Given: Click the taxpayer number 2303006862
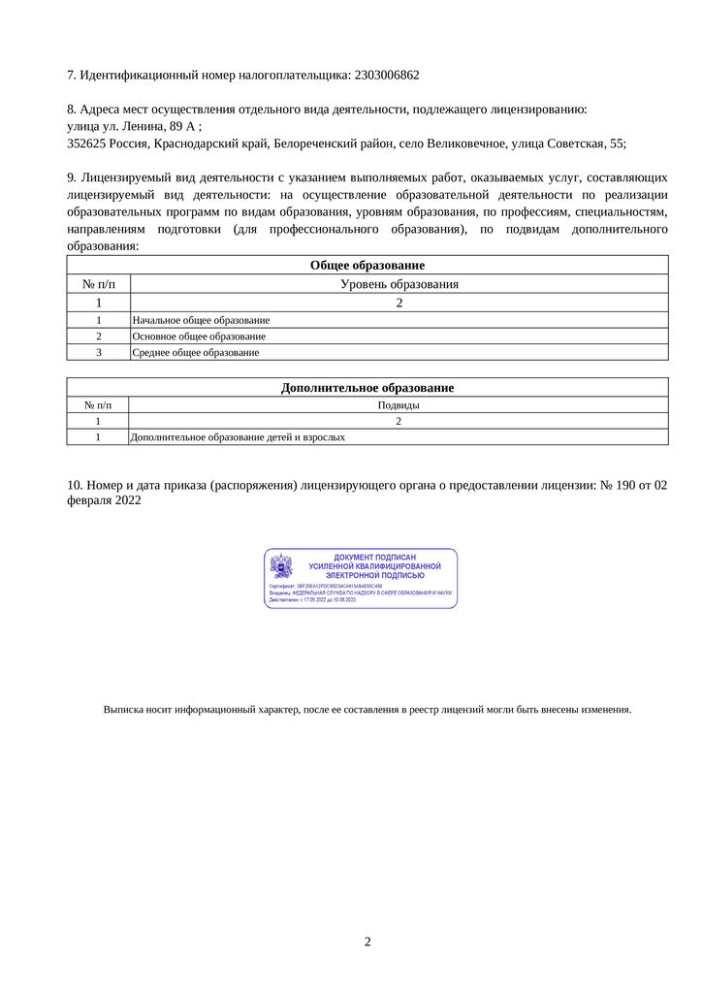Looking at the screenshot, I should coord(387,75).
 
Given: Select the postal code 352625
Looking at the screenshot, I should coord(85,144).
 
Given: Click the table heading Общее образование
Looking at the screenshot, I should coord(367,265).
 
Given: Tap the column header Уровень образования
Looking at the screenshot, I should coord(399,284).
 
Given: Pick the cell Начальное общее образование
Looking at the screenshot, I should coord(201,319).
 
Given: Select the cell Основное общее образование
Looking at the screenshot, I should coord(199,336).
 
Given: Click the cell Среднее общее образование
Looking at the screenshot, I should coord(195,352).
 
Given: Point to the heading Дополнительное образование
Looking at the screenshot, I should coord(367,387).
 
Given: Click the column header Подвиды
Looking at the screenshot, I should coord(399,404).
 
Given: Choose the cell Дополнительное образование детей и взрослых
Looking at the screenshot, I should coord(238,437).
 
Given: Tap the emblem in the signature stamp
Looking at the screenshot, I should coord(280,566).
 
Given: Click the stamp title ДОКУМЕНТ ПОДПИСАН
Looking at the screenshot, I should coord(374,558).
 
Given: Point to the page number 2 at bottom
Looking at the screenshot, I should coord(367,942).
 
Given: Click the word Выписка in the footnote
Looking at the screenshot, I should coord(123,709).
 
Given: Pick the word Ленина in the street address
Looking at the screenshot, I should coord(146,126).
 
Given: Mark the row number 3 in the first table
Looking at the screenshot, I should coord(98,352).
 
